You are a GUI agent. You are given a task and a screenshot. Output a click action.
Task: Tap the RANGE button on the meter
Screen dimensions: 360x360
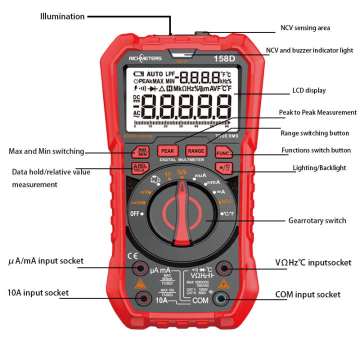click(196, 150)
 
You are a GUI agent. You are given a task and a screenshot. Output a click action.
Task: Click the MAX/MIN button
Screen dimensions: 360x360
click(142, 151)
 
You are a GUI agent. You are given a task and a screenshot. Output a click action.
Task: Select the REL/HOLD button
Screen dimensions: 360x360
click(139, 168)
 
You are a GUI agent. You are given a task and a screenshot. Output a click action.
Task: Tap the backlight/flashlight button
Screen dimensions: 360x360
click(220, 168)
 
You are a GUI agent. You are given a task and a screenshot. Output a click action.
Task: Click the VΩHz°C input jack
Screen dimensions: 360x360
click(222, 269)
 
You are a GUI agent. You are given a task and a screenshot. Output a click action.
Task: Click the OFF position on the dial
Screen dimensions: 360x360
click(135, 213)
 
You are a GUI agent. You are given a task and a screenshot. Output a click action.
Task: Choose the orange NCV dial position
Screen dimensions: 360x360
click(227, 201)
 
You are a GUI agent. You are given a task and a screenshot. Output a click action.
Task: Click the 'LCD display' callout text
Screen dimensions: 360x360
click(308, 90)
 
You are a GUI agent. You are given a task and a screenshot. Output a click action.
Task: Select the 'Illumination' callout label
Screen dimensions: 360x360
click(62, 16)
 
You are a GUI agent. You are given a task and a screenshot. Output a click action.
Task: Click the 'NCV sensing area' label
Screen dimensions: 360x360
click(305, 28)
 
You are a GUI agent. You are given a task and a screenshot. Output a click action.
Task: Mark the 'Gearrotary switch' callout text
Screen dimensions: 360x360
click(317, 220)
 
